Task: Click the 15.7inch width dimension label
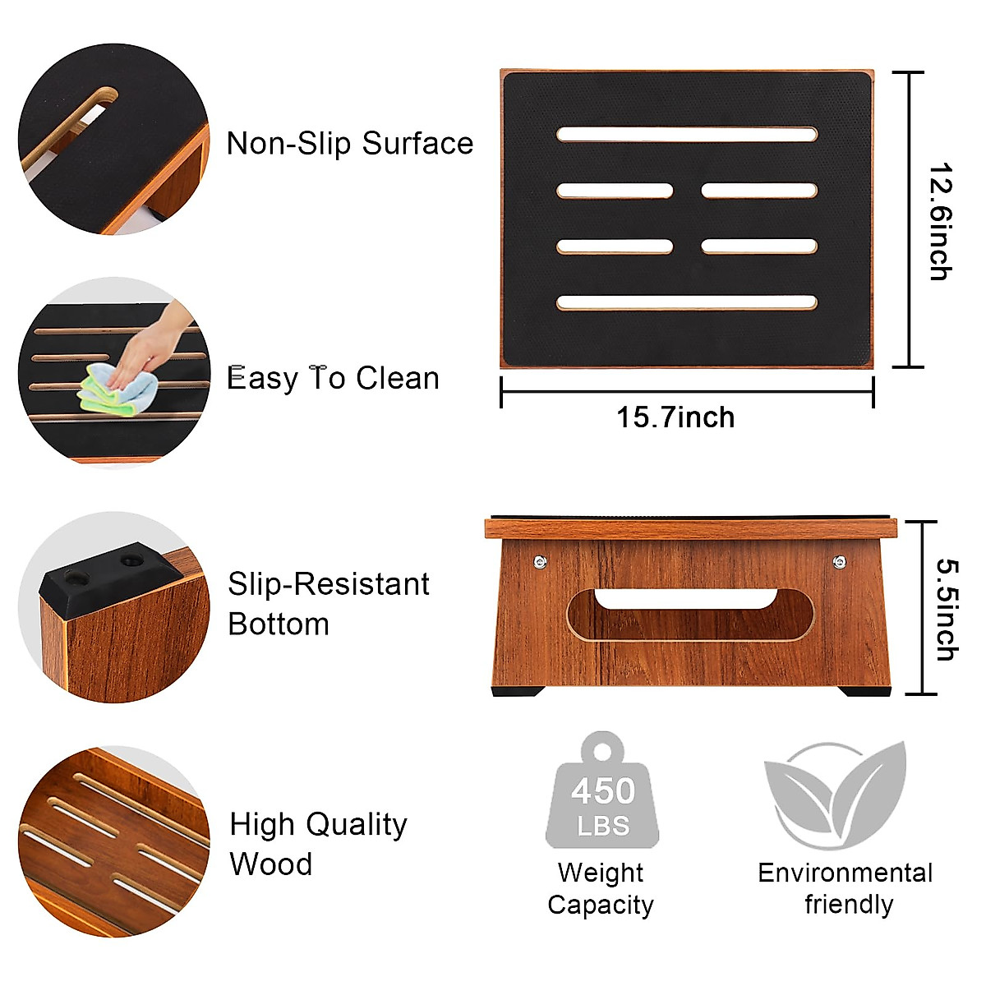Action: pos(675,417)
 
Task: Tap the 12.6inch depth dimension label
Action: pos(940,222)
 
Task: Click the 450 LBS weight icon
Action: pos(602,793)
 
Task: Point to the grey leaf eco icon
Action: pos(836,794)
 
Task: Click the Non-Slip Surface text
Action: pos(349,144)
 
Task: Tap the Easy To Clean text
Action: pos(333,378)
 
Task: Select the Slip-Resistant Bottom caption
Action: pos(328,604)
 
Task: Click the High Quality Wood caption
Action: pos(318,844)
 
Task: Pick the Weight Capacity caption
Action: pos(601,888)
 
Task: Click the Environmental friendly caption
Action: pos(845,888)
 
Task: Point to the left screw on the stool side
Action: pos(540,562)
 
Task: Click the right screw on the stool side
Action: pos(839,562)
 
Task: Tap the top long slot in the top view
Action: pos(686,134)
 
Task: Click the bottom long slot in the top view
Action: pos(686,302)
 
